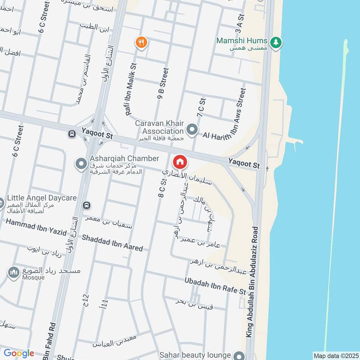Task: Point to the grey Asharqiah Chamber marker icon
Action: coord(81,164)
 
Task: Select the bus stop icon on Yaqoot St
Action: coord(72,134)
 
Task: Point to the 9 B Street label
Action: coord(162,83)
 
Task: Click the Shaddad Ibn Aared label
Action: coord(112,243)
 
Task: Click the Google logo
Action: coord(19,353)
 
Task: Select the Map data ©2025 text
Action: coord(335,355)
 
